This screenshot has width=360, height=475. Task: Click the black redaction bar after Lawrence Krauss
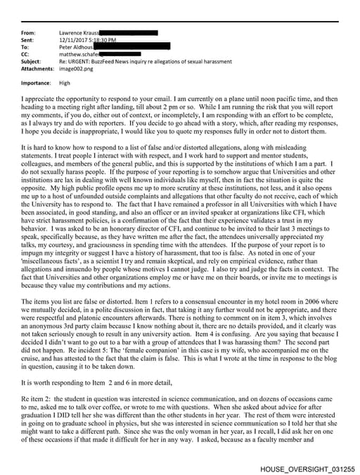pyautogui.click(x=129, y=32)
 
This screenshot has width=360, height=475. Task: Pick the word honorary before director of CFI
pyautogui.click(x=131, y=246)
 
